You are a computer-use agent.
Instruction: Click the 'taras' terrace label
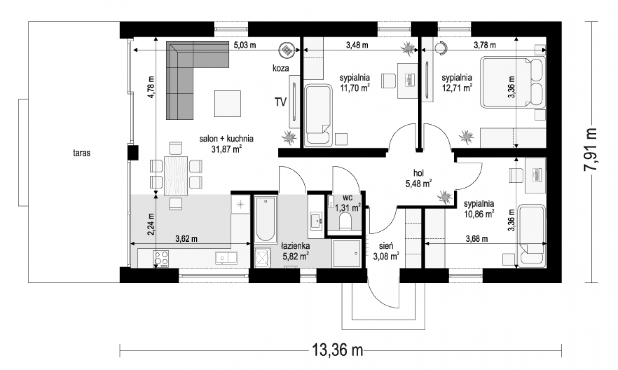81,153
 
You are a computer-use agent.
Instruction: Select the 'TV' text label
280,102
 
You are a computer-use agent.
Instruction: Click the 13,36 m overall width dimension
338,350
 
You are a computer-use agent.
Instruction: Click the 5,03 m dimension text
245,45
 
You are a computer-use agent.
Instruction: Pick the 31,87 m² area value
226,149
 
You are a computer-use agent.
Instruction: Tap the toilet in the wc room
345,222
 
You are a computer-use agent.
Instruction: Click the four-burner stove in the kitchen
161,259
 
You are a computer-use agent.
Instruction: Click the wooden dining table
176,176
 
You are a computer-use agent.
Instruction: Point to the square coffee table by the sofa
228,104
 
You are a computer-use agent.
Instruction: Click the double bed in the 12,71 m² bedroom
513,82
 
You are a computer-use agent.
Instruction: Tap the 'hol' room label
419,173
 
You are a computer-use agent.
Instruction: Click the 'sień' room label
386,246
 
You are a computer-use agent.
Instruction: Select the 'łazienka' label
295,246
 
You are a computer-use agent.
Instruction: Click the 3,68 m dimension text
477,239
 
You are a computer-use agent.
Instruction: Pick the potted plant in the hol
445,197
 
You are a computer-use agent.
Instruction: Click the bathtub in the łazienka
265,219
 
